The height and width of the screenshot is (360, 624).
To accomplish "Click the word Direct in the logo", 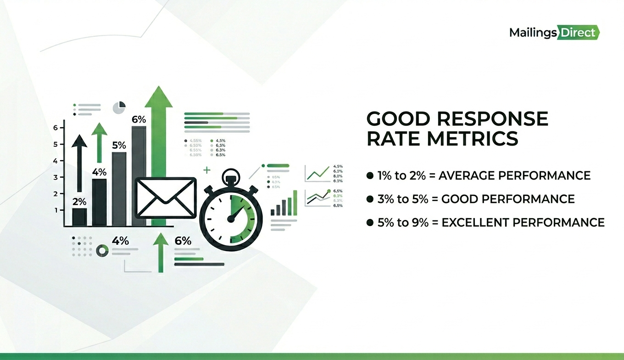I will [x=579, y=33].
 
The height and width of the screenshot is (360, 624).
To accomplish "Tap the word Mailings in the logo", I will [x=533, y=33].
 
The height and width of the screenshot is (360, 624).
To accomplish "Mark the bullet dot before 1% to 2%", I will [x=370, y=175].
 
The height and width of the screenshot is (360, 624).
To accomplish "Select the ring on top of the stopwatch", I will [x=231, y=175].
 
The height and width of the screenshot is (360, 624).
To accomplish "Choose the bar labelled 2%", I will [x=79, y=216].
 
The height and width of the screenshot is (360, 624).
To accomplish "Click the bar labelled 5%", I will [x=119, y=189].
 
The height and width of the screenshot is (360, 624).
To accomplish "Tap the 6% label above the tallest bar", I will [x=139, y=119].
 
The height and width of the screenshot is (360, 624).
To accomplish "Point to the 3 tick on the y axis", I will [x=56, y=177].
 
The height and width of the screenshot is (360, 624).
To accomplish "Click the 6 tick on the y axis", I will [x=56, y=128].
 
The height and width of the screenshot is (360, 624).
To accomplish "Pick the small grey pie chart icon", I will [x=119, y=107].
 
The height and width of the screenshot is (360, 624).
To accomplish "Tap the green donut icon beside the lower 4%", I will [x=102, y=251].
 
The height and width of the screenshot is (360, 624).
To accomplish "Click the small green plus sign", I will [x=207, y=170].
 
